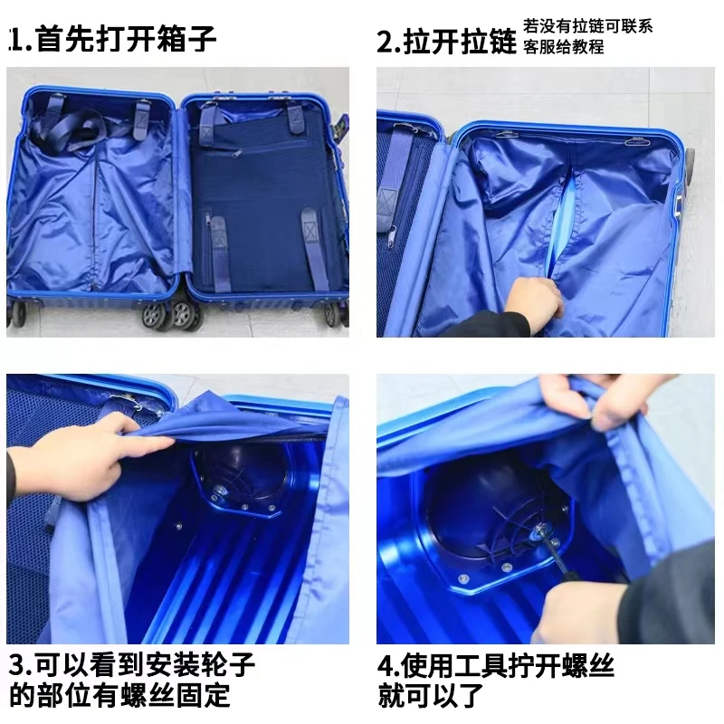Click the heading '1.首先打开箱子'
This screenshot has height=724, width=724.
pos(112,39)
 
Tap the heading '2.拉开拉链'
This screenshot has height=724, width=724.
pos(446,42)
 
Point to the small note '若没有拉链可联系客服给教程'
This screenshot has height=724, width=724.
pos(587,36)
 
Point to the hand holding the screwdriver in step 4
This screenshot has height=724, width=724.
pos(582,609)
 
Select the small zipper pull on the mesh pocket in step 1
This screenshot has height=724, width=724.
pos(236,153)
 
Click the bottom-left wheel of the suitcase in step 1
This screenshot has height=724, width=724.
pos(17,314)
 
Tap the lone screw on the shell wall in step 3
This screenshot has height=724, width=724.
pos(178,526)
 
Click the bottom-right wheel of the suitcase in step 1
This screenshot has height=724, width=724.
pos(333,315)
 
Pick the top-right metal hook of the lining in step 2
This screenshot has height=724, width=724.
pos(638,141)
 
